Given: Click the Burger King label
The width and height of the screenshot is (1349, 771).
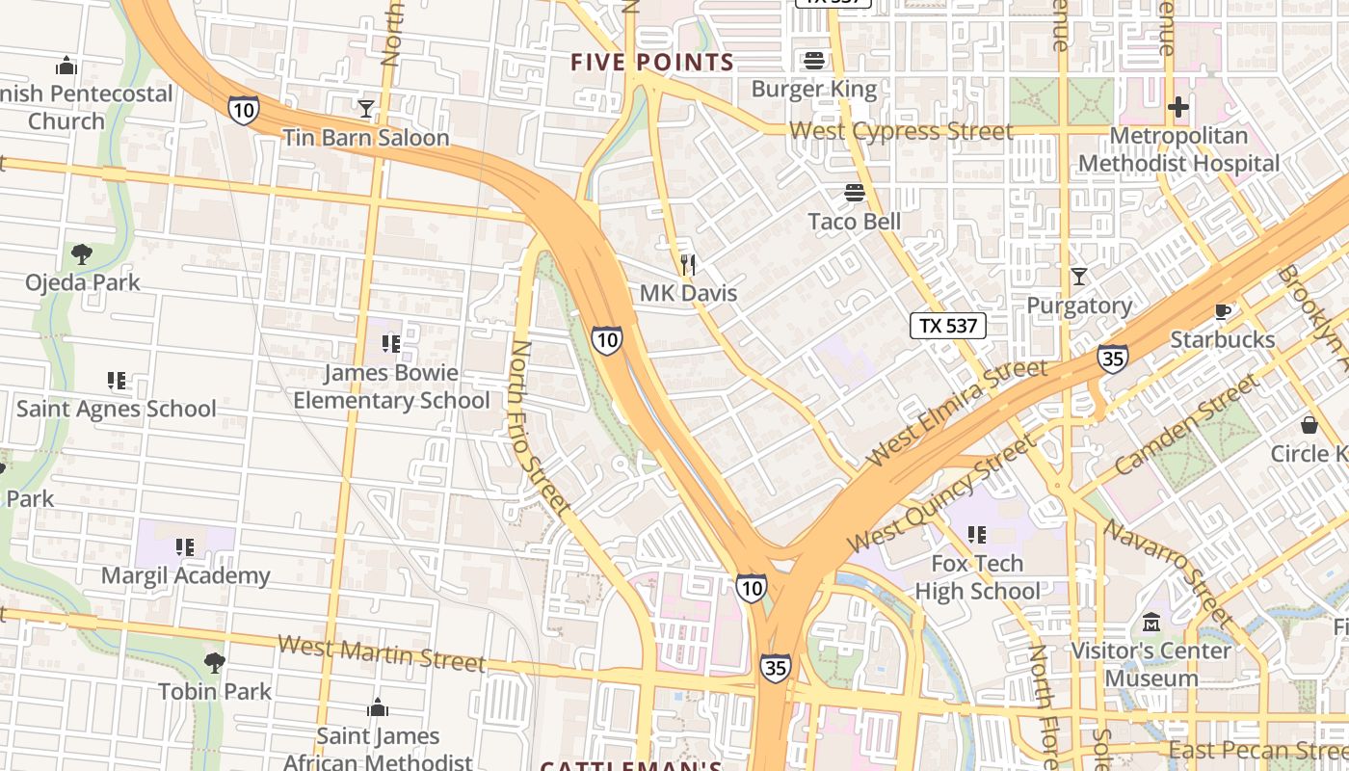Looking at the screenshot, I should [814, 90].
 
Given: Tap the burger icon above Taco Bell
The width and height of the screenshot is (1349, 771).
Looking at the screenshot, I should [854, 193].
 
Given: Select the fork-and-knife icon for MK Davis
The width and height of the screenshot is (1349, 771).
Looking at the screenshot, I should [688, 264].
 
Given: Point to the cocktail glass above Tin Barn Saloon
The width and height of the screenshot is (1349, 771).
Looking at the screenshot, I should [366, 108].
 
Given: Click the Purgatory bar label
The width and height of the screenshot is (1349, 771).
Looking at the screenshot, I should [1079, 306].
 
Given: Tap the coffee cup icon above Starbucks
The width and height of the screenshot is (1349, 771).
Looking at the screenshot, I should [1222, 311].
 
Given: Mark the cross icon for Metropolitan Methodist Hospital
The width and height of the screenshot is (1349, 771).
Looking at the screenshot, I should [1177, 107].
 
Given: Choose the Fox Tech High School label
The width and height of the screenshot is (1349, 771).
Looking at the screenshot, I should [977, 576].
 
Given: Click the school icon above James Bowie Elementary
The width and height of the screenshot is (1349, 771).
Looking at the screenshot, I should [390, 343].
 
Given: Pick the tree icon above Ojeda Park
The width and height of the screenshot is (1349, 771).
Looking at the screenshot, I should [82, 254].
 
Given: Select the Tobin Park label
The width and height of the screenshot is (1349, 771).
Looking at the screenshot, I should [215, 691].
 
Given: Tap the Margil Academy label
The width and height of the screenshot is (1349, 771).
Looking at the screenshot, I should [186, 576].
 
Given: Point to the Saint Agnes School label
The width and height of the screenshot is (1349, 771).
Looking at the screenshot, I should [117, 409].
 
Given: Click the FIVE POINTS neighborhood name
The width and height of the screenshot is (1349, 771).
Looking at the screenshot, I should [652, 63].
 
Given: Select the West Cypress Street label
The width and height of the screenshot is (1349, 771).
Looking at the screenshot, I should [901, 131].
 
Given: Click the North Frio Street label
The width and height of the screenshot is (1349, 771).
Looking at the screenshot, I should [540, 424].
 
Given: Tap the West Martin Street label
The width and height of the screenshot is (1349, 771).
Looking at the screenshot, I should [382, 652].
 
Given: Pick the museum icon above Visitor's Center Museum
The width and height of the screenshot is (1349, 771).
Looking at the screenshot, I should [1151, 622].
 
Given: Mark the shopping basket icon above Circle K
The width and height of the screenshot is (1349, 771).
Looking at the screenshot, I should [1309, 424].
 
